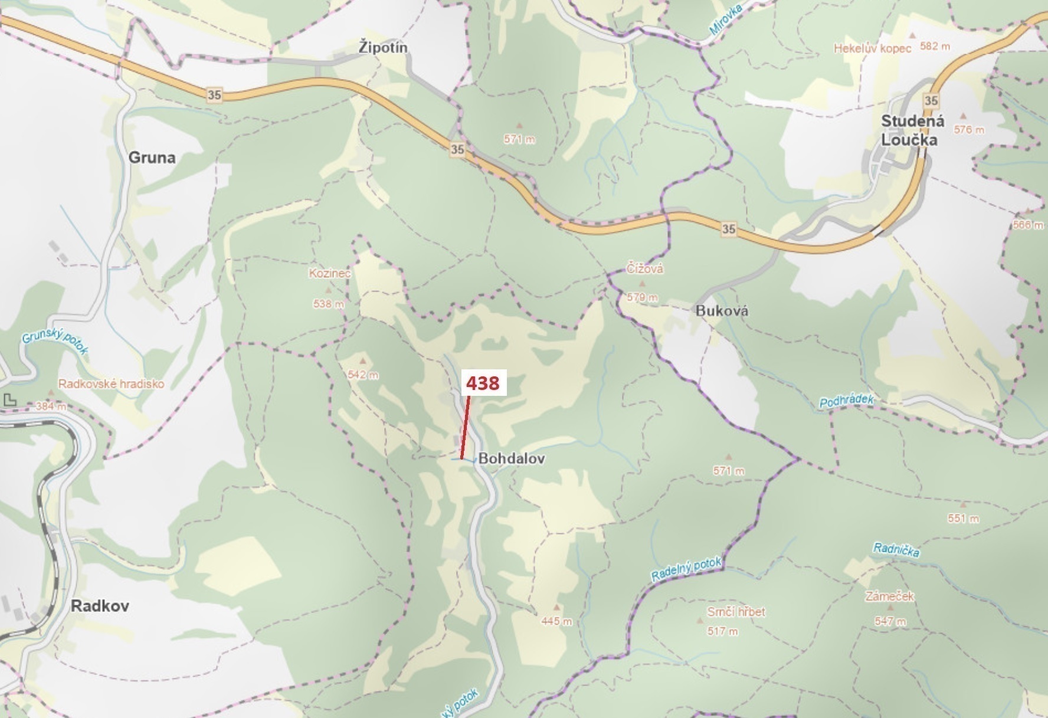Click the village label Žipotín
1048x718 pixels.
click(x=383, y=47)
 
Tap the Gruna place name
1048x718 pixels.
click(x=152, y=158)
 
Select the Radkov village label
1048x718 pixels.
click(x=99, y=606)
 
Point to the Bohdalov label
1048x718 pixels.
click(x=512, y=458)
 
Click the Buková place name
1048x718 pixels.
click(x=722, y=311)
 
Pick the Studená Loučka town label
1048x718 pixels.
click(x=912, y=130)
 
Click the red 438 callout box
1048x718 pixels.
click(x=483, y=383)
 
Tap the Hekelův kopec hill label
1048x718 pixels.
click(x=872, y=48)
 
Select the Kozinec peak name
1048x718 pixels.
click(x=330, y=273)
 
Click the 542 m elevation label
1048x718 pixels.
click(x=363, y=375)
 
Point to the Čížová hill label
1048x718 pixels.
click(x=645, y=269)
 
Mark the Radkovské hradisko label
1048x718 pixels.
click(x=111, y=384)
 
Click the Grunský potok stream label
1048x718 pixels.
click(x=55, y=343)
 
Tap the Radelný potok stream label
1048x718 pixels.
click(x=686, y=569)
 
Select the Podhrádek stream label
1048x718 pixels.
click(x=846, y=402)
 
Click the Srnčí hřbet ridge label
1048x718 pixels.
click(x=736, y=612)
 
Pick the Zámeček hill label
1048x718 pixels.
click(x=889, y=596)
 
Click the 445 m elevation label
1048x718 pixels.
click(x=556, y=621)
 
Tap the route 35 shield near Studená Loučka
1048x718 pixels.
click(x=931, y=100)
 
